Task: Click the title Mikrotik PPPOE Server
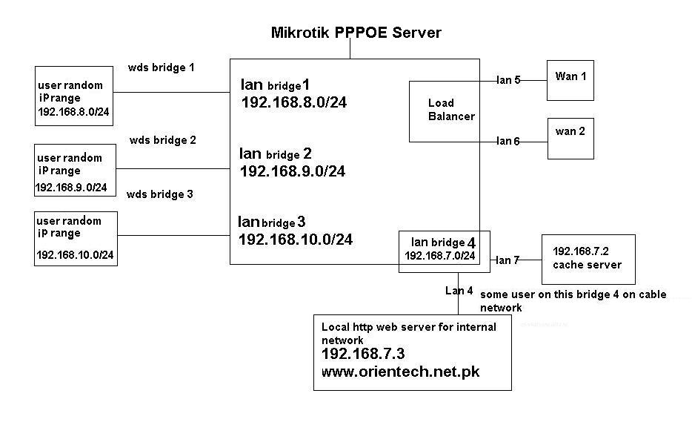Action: [x=356, y=33]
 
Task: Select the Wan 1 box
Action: [x=570, y=79]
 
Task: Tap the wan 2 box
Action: [x=570, y=138]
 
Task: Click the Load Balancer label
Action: [x=450, y=110]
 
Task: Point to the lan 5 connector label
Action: [x=508, y=80]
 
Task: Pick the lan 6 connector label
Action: [x=508, y=140]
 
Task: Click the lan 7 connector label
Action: [x=508, y=260]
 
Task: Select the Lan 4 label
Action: [x=459, y=291]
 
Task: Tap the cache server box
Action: [x=588, y=259]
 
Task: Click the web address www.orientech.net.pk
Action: [x=401, y=372]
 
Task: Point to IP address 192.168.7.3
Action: [x=363, y=354]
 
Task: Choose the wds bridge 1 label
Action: [x=162, y=67]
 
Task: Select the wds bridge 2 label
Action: [x=162, y=139]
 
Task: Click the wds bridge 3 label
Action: [x=160, y=194]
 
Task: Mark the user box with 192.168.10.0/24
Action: [x=76, y=238]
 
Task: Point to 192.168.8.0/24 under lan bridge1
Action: [x=293, y=102]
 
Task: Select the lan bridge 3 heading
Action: [x=272, y=222]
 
